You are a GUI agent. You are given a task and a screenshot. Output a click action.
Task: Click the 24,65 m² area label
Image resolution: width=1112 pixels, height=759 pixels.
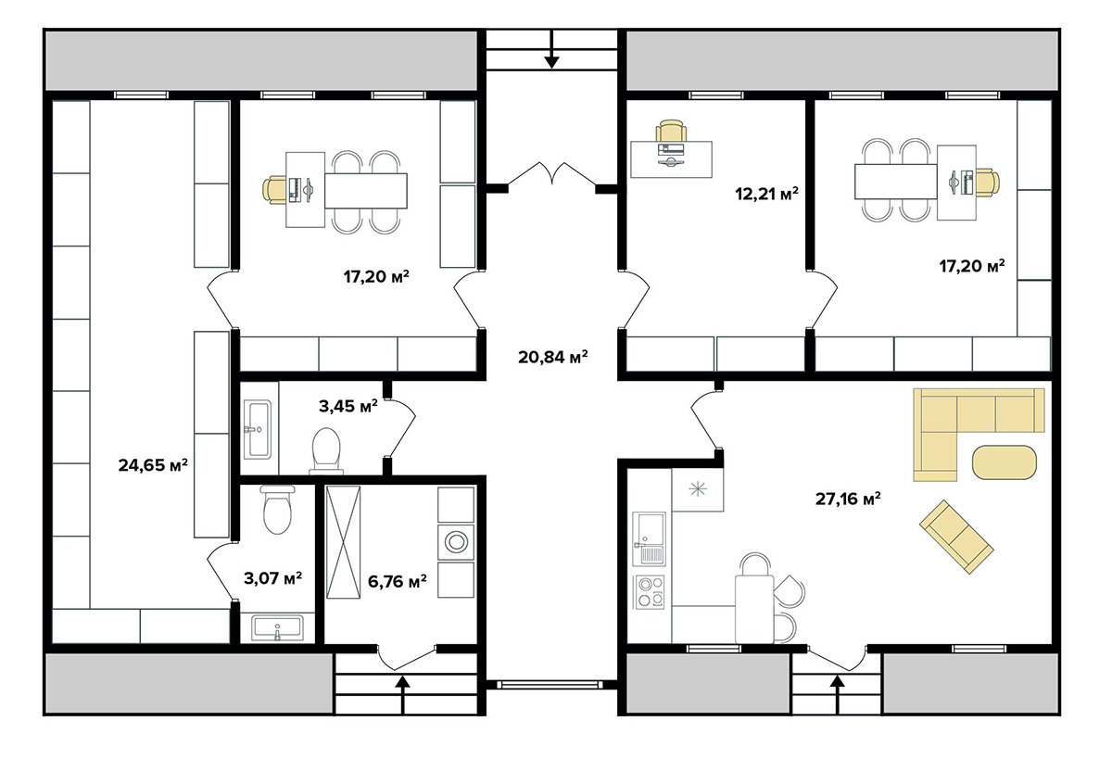click(153, 465)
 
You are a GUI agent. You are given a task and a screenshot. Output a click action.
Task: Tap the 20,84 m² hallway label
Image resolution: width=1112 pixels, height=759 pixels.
click(553, 356)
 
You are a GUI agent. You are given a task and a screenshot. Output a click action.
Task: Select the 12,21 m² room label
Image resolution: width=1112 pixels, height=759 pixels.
click(764, 195)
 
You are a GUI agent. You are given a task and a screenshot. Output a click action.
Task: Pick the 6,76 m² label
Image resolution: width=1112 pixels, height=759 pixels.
click(397, 581)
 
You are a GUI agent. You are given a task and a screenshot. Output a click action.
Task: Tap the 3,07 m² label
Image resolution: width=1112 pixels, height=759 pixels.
click(272, 579)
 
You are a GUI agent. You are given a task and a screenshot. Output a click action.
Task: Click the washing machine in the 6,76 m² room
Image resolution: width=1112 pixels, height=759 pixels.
click(455, 540)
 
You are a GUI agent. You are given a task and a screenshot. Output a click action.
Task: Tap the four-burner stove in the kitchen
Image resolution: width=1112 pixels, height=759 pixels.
click(650, 591)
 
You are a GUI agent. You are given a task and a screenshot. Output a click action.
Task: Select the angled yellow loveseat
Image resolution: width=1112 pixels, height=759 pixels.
click(956, 536)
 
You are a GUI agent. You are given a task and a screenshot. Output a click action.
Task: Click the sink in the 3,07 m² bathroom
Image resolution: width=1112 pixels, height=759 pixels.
click(277, 628)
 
